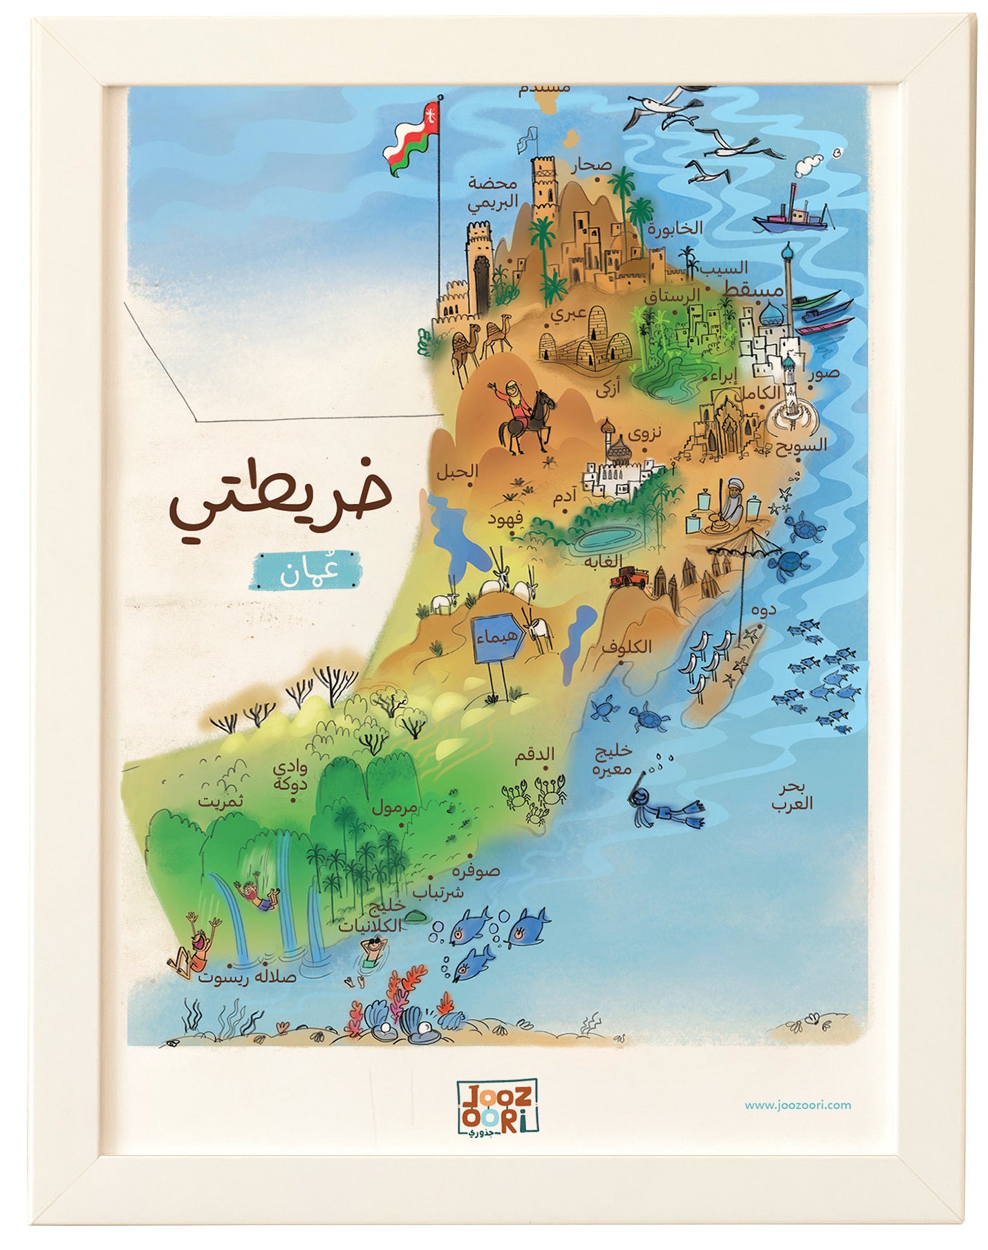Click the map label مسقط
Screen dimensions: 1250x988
click(x=752, y=290)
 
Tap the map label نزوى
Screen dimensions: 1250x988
click(x=644, y=433)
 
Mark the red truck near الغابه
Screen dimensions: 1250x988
click(x=629, y=576)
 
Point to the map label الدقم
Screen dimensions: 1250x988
click(x=534, y=755)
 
